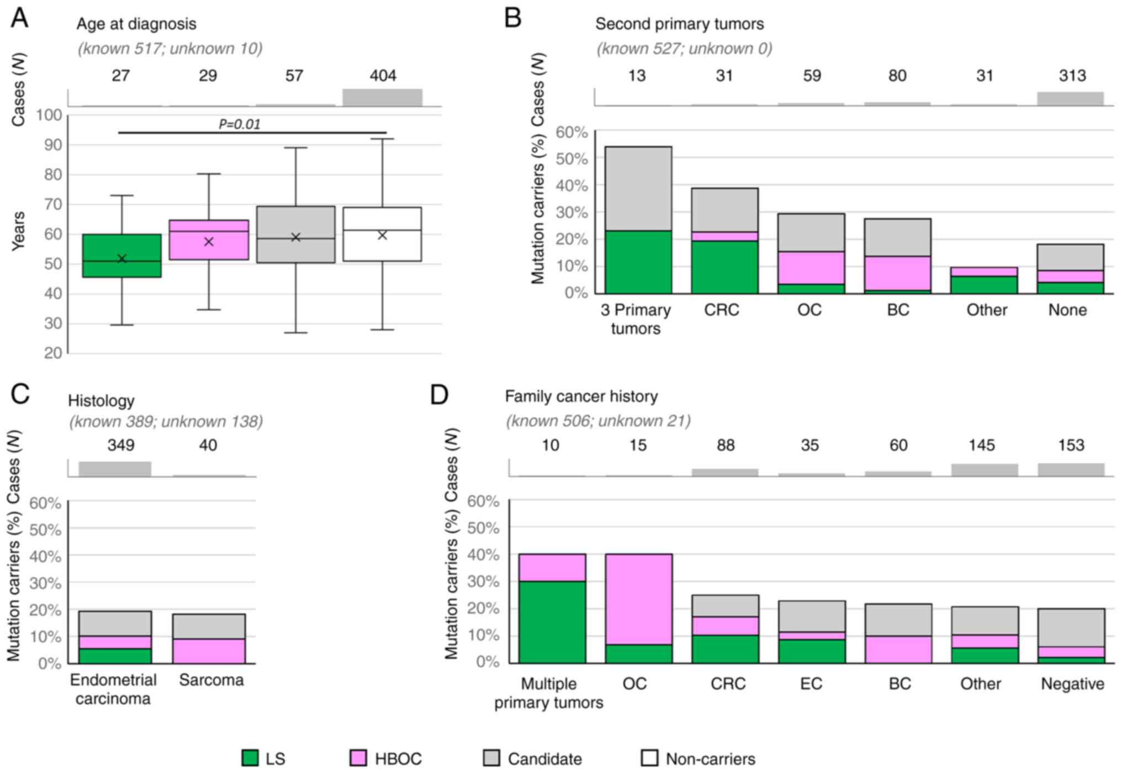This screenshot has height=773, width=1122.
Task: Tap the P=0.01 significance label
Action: pos(239,124)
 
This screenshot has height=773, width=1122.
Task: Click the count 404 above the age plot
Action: pos(383,76)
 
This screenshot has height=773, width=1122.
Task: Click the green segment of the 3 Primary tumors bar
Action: pos(638,262)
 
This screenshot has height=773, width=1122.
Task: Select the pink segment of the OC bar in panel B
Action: pos(811,268)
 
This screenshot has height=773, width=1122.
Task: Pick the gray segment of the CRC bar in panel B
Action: pos(724,210)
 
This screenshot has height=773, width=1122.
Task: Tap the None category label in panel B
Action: pos(1067,310)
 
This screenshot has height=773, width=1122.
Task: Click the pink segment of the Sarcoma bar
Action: pos(209,651)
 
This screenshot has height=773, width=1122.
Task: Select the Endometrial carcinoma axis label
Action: pos(113,689)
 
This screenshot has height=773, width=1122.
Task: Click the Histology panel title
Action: pos(101,400)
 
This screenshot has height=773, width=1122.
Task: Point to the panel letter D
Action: pos(439,395)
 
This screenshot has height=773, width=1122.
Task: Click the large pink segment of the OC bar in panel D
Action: pos(638,599)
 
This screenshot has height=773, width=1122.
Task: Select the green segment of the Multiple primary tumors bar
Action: pos(552,622)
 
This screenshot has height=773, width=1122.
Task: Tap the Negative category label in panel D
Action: pos(1072,684)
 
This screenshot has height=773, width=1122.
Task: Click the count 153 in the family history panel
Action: pos(1071,445)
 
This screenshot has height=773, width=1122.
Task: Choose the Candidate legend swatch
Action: pos(491,758)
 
